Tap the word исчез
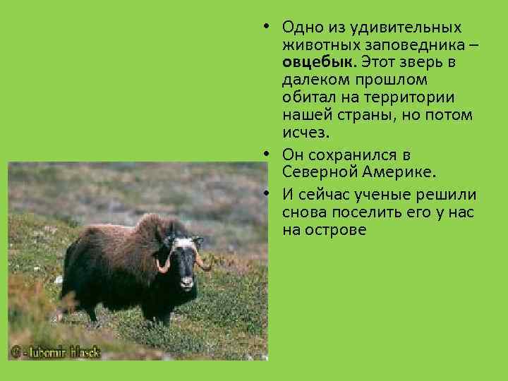[x=306, y=131]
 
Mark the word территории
[x=413, y=97]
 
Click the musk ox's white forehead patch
[x=185, y=243]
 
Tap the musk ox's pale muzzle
[x=187, y=282]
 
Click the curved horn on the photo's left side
[x=163, y=265]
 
